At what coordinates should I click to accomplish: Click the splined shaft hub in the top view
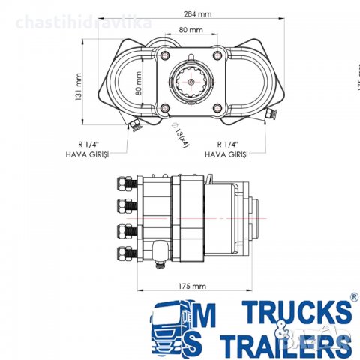click(x=191, y=80)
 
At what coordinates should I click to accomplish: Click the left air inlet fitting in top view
click(x=133, y=124)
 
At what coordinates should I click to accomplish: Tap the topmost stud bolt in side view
click(x=124, y=182)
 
